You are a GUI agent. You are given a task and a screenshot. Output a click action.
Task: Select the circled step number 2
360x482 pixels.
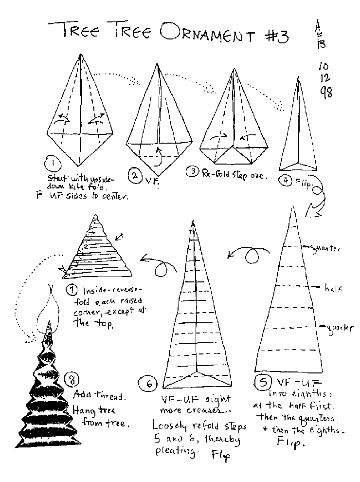click(135, 176)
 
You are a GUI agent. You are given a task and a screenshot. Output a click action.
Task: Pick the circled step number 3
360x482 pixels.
click(193, 171)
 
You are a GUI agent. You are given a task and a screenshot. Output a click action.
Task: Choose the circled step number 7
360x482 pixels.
click(72, 290)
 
